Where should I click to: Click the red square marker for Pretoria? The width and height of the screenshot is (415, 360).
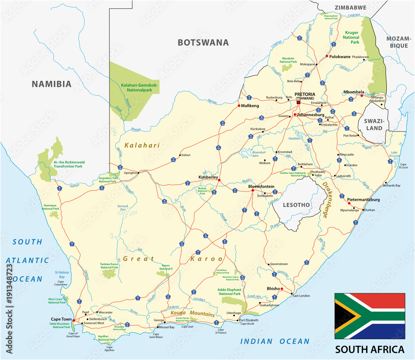click(298, 102)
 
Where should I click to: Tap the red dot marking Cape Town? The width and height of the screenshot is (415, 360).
click(73, 320)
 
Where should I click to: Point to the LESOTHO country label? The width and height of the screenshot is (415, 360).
click(296, 205)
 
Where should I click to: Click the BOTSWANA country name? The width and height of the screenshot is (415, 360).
click(203, 42)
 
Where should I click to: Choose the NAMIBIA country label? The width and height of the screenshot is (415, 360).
click(52, 84)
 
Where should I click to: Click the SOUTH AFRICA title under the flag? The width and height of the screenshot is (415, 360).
click(370, 349)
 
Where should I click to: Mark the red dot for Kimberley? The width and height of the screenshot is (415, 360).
click(220, 180)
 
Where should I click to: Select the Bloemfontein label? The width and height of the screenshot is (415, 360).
click(261, 187)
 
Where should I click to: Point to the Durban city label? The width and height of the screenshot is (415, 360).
click(369, 210)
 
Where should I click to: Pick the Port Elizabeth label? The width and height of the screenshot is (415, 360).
click(249, 320)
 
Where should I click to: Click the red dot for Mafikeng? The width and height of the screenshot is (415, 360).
click(239, 106)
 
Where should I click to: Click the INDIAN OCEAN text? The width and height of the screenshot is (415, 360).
click(275, 341)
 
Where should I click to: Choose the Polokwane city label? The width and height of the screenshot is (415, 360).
click(340, 56)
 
